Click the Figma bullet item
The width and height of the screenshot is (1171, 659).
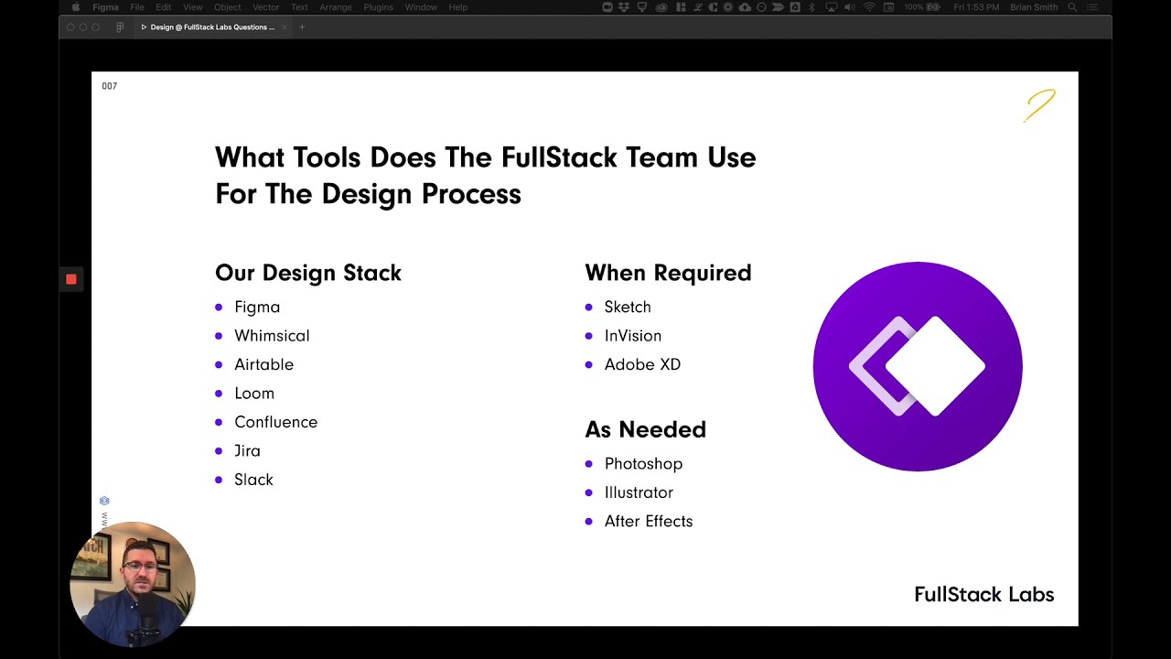pos(257,308)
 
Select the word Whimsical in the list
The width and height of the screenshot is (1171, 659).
pos(272,336)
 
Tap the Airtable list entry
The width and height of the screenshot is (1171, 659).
pos(263,364)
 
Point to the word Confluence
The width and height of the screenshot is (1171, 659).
pos(275,422)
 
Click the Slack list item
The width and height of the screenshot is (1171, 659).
pos(253,480)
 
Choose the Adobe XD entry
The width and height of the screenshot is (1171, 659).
pos(642,364)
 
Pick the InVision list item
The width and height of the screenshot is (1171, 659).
pos(632,336)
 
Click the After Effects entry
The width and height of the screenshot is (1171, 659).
pos(648,522)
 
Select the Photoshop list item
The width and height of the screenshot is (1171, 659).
pos(643,464)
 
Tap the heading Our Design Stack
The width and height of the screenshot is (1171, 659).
pos(307,273)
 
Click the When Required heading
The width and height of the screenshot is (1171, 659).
pos(668,273)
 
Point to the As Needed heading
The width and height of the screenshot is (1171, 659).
pos(645,429)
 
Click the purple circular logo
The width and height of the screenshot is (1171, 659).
pos(918,366)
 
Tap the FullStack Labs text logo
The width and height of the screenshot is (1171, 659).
pos(983,595)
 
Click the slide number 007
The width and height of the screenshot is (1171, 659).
pos(110,86)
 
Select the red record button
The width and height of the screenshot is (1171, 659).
pos(71,279)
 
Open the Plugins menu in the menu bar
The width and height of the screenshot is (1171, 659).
pos(378,7)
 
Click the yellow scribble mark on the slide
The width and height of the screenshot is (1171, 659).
pos(1040,105)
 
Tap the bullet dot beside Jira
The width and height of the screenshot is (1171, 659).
pos(219,451)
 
